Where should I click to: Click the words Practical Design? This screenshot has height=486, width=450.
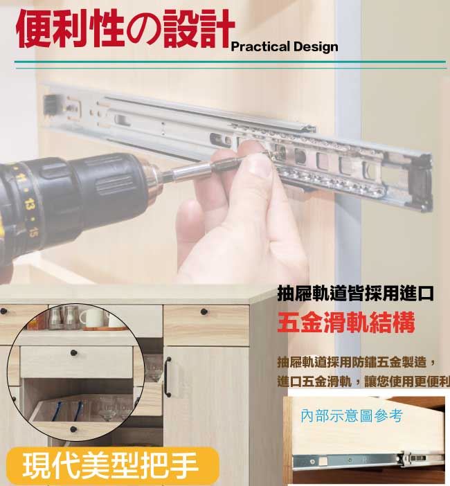[x=285, y=47]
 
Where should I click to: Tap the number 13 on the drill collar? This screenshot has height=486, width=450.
[x=30, y=205]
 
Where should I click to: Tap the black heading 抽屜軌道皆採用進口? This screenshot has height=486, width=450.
[x=355, y=294]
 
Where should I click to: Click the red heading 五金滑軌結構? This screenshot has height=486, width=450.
[x=346, y=323]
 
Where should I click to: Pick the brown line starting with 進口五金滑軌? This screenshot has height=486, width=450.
[x=363, y=381]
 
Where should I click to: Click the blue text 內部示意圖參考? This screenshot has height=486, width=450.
[x=352, y=416]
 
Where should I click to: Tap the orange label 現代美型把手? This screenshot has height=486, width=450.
[x=110, y=465]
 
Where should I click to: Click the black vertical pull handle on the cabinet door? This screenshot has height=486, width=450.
[x=168, y=377]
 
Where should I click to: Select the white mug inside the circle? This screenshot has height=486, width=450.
[x=92, y=318]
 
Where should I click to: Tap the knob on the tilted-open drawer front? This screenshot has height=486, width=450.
[x=73, y=429]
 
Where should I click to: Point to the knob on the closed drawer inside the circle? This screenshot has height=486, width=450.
[x=73, y=352]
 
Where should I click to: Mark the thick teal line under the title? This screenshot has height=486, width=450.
[x=230, y=62]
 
